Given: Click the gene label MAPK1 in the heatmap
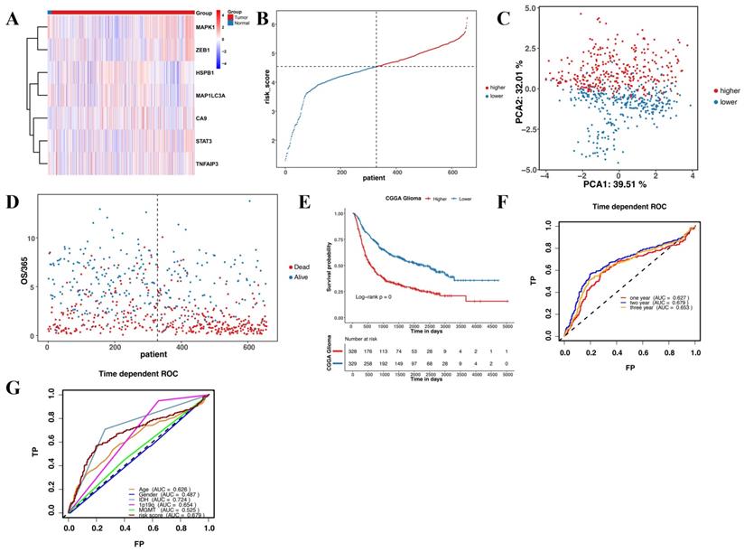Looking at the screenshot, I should click(x=208, y=28).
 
